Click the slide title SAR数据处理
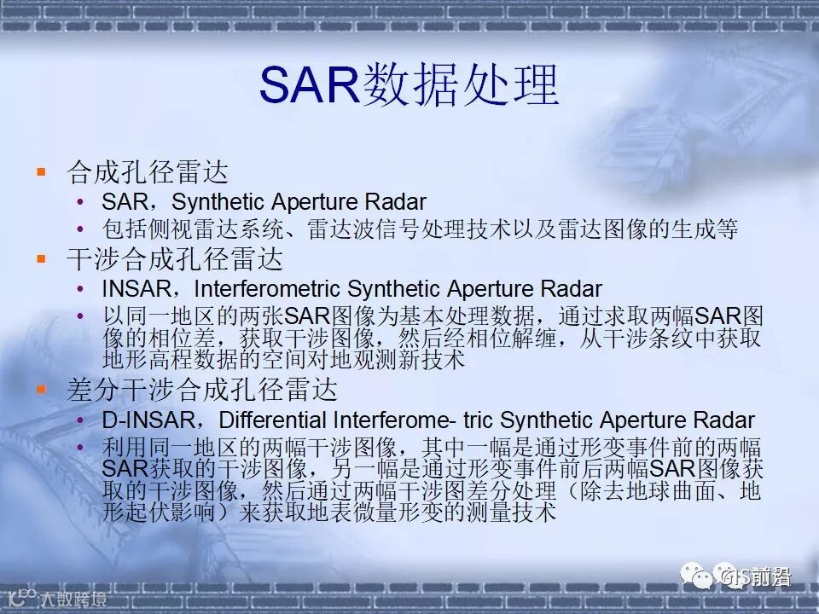tap(409, 85)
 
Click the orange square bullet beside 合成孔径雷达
tap(41, 171)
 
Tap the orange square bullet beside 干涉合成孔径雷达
tap(41, 258)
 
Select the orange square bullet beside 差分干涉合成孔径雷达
tap(41, 389)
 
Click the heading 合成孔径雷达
tap(148, 171)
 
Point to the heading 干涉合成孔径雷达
tap(175, 258)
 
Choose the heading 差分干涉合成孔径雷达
tap(202, 389)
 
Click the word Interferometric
tap(267, 289)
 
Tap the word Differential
tap(273, 420)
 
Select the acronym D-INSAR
tap(148, 420)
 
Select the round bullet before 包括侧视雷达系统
tap(80, 229)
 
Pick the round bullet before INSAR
tap(80, 289)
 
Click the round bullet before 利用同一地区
tap(80, 448)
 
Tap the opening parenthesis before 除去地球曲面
tap(572, 491)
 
